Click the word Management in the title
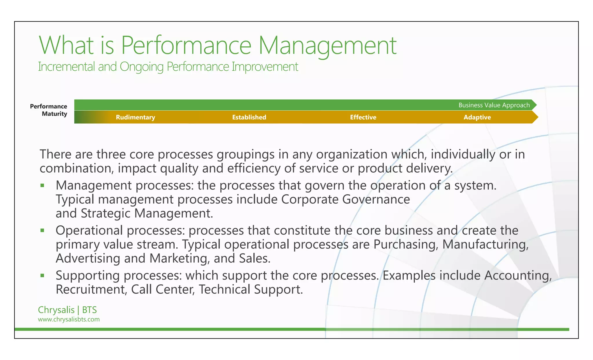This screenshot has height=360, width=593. click(327, 45)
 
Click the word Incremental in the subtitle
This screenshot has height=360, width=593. click(67, 67)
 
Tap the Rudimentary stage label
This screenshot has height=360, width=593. click(136, 117)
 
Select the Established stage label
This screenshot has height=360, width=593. click(249, 117)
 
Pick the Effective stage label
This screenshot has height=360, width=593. click(363, 117)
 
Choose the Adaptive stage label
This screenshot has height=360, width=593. click(477, 117)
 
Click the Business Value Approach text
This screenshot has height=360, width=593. click(494, 105)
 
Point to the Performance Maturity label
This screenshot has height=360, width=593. click(49, 110)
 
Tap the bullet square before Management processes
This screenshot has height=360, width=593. click(42, 185)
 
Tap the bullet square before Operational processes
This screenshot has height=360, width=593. click(42, 231)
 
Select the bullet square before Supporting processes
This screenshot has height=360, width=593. click(42, 275)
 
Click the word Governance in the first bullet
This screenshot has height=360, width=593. click(376, 200)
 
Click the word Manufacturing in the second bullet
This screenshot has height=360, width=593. click(485, 244)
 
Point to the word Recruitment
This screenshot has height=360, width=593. click(91, 289)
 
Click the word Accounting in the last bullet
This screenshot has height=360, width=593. click(518, 275)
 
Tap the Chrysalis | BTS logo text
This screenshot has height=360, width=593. click(67, 310)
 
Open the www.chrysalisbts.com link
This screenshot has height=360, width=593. click(69, 319)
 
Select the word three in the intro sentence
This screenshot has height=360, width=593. click(111, 154)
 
